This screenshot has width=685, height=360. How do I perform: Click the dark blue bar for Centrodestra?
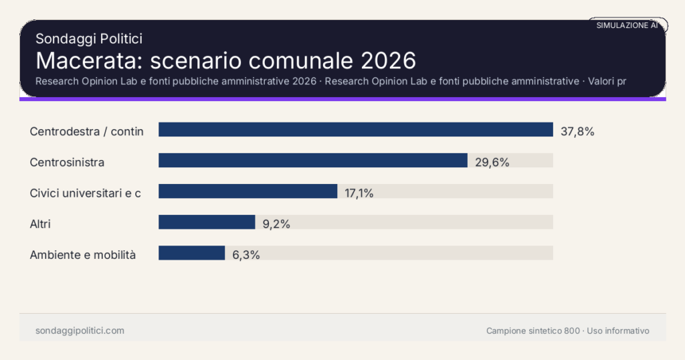coord(355,130)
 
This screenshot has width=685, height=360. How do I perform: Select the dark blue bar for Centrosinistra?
coord(312,161)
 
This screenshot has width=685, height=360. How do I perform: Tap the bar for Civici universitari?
coord(248,191)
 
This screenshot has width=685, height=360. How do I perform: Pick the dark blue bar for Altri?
coord(207,222)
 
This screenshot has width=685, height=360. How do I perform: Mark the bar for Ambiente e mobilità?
coord(191,253)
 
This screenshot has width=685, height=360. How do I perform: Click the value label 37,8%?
coord(577,131)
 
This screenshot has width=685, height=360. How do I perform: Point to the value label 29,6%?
coord(492,162)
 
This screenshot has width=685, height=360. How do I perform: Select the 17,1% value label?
coord(359,193)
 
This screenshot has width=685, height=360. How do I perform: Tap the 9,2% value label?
coord(276,224)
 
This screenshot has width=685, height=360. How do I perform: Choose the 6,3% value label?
coord(246,254)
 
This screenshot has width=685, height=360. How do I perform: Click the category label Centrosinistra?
coord(67,162)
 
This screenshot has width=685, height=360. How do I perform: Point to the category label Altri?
coord(40,224)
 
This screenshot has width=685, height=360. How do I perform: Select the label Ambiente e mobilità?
coord(83,254)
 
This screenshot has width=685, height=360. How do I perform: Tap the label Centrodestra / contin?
coord(87,131)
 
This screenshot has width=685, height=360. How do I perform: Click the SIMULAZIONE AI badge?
coord(627,25)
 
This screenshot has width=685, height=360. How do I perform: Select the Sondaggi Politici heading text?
coord(88,39)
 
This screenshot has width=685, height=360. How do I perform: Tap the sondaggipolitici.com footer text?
coord(80,331)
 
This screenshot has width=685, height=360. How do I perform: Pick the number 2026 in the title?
coord(388,60)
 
